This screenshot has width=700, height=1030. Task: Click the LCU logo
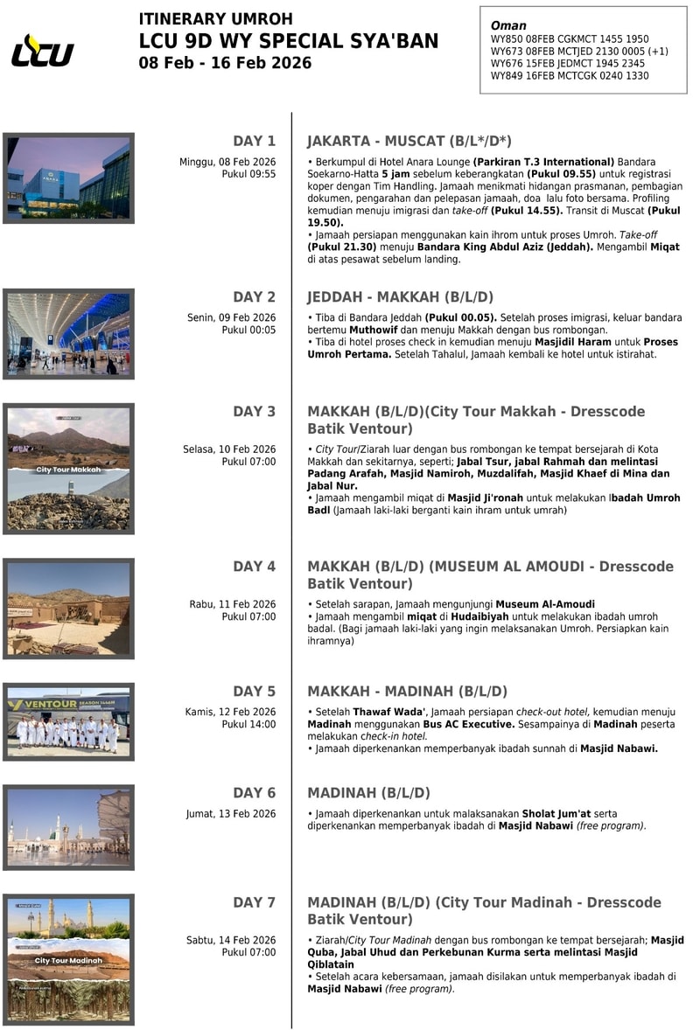43,51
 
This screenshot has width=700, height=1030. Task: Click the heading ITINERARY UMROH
215,19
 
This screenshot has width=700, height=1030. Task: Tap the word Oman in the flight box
508,26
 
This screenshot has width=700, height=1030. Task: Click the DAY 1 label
254,141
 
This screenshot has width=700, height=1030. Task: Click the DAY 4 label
254,567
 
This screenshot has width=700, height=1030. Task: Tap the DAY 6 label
254,793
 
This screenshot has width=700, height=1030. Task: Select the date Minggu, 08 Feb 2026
227,162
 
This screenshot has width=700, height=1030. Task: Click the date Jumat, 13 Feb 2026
231,814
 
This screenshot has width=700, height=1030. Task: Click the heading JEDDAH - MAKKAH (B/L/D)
401,297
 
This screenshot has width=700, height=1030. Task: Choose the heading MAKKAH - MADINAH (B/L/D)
407,692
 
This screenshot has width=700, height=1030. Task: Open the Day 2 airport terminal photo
68,334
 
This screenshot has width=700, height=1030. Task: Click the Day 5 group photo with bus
68,722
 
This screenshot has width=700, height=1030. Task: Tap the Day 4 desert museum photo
68,608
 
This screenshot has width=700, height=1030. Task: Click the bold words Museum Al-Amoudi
545,604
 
